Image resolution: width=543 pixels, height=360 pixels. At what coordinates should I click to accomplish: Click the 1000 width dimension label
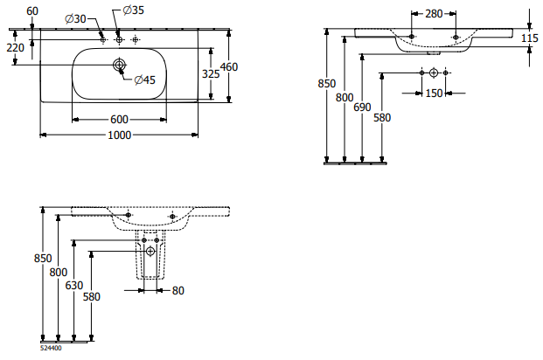tap(120, 135)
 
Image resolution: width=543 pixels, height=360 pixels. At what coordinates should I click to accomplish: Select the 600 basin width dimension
tap(119, 120)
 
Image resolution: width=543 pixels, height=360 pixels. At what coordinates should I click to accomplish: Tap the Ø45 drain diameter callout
tap(145, 80)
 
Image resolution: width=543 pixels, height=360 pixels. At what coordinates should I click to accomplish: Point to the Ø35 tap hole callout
tap(133, 10)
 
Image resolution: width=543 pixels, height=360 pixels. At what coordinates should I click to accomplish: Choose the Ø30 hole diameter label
tap(75, 18)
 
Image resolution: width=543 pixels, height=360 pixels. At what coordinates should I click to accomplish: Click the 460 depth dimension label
tap(229, 66)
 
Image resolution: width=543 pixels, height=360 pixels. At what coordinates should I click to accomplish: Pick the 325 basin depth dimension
tap(211, 73)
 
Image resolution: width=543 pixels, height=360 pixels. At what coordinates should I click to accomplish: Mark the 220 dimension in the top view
tap(15, 47)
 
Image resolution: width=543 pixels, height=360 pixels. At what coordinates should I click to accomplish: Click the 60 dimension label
tap(32, 11)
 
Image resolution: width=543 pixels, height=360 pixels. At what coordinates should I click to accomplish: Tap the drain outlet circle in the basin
tap(119, 65)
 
